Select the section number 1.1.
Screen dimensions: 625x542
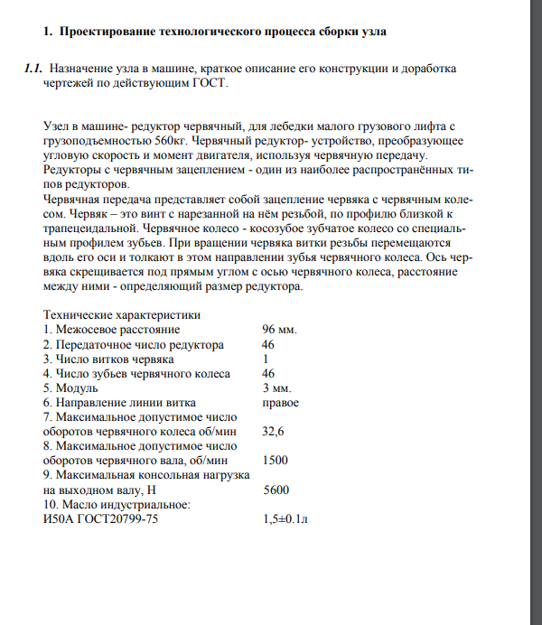[33, 69]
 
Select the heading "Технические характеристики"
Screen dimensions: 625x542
[122, 315]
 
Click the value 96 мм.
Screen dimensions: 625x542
[279, 330]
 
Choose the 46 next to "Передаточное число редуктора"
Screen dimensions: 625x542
[268, 345]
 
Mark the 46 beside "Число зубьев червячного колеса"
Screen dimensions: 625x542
[268, 374]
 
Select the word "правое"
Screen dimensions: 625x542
[280, 403]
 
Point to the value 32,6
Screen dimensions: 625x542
[273, 432]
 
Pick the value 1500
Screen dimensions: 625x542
[275, 461]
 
